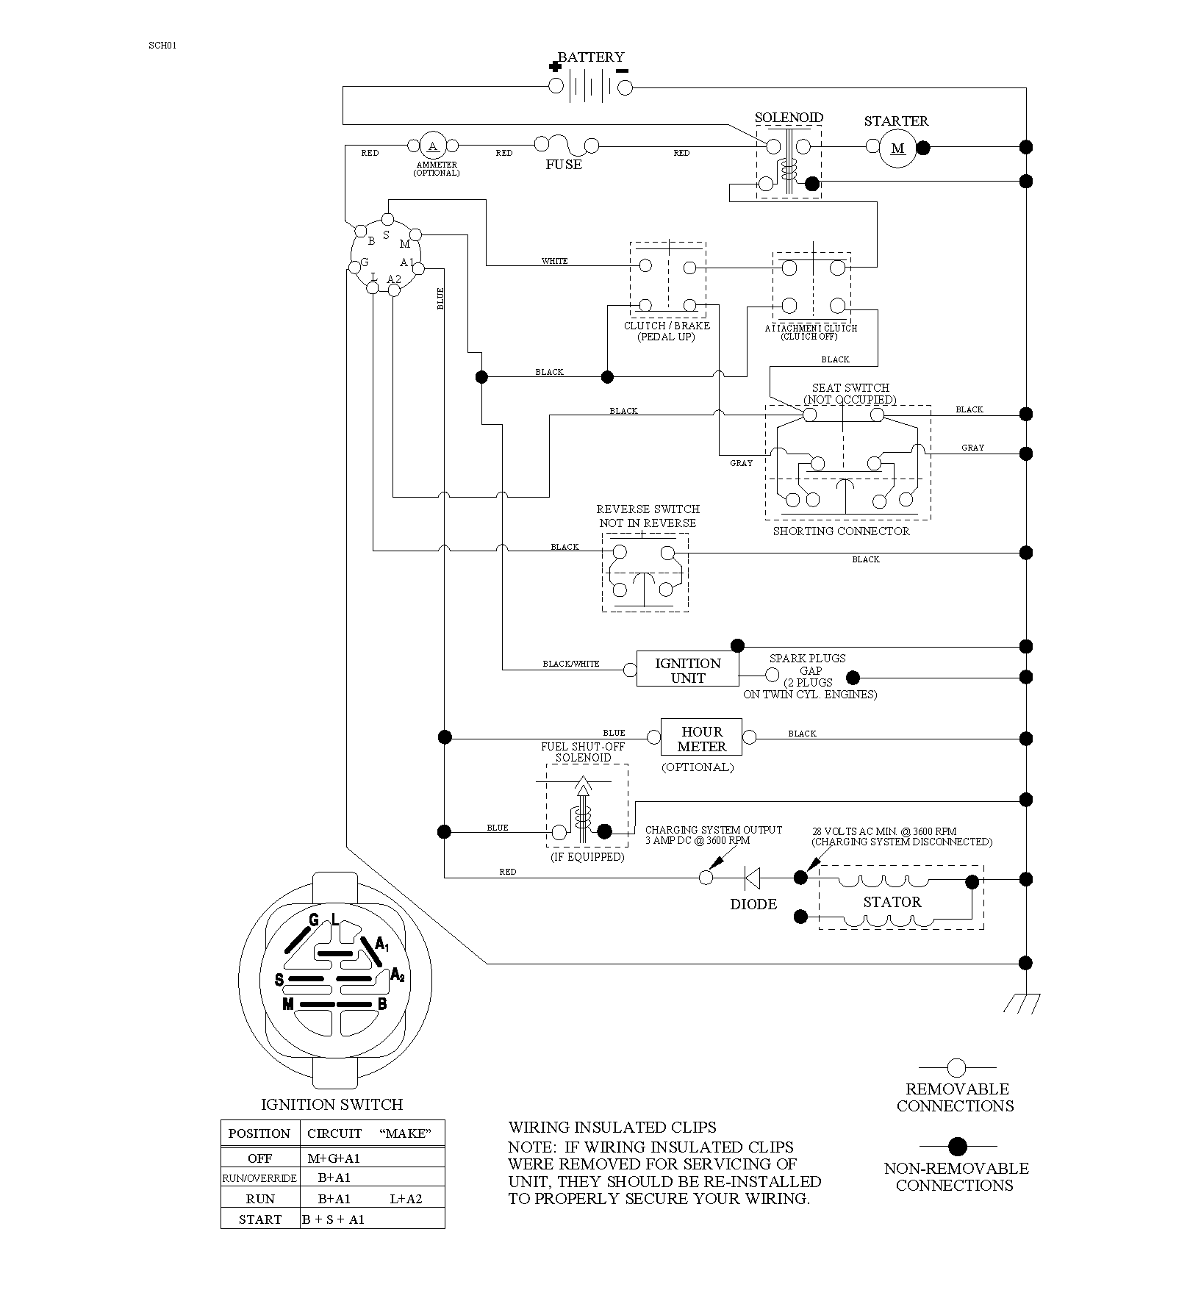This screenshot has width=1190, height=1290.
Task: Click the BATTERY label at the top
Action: [591, 57]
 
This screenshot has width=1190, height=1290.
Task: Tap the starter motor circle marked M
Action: [898, 148]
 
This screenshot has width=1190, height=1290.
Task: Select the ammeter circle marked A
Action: [433, 146]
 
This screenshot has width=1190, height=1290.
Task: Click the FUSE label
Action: [564, 165]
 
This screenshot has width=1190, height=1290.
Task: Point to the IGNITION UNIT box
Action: [688, 669]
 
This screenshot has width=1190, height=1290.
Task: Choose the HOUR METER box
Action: [702, 738]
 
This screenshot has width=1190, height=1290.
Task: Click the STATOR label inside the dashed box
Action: [892, 902]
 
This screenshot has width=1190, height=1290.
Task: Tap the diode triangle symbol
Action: [753, 878]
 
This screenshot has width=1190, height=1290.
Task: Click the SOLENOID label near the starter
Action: [789, 118]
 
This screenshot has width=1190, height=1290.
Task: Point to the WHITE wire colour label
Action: [555, 261]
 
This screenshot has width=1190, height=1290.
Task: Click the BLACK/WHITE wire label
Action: [571, 664]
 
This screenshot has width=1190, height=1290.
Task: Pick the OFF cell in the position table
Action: [260, 1158]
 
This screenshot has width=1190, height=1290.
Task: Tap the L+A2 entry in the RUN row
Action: [406, 1199]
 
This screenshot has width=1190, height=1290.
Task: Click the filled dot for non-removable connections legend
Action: [957, 1146]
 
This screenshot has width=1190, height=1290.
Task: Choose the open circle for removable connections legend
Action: [956, 1067]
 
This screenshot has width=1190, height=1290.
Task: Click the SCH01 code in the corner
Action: [162, 45]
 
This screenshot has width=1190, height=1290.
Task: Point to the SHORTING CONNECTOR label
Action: [841, 531]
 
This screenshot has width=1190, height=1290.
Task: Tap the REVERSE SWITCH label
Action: [648, 509]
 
